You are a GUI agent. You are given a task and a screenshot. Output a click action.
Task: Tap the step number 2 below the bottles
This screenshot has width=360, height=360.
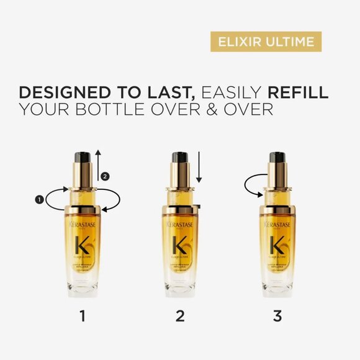tap(180, 317)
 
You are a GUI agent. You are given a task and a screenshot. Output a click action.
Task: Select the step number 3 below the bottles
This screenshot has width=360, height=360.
tap(277, 317)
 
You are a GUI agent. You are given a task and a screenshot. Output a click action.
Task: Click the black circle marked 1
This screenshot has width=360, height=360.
tap(40, 199)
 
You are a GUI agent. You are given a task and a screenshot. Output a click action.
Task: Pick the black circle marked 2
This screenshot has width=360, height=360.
tap(105, 176)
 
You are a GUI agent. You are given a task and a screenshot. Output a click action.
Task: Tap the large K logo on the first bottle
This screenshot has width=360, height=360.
tap(83, 245)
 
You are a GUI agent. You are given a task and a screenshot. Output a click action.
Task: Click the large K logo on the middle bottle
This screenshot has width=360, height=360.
tap(180, 245)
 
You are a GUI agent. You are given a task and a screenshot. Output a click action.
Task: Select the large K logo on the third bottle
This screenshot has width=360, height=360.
tap(277, 245)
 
